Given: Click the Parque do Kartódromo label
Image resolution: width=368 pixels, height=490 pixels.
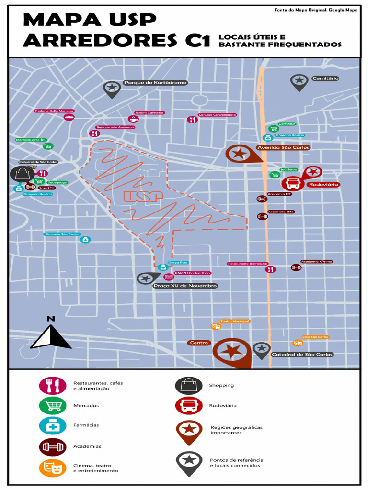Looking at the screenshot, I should coord(155,83).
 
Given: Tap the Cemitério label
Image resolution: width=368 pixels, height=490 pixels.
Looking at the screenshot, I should coord(325,78).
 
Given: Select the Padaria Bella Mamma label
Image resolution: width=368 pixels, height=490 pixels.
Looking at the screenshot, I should coord(54,111).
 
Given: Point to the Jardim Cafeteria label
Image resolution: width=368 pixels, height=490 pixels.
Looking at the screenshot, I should coord(149,113).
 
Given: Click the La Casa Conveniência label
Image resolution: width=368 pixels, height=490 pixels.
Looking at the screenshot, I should coord(218,115).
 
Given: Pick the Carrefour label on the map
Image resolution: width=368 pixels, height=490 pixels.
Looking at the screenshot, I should coord(287,124).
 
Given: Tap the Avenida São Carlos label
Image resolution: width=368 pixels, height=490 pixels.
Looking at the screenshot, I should coord(283,148).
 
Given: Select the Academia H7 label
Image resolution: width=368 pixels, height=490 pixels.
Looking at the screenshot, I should coord(279,194).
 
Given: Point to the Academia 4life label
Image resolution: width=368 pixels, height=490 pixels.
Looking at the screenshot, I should coord(281,212).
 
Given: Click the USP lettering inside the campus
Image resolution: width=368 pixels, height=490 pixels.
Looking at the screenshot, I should coord(143,197).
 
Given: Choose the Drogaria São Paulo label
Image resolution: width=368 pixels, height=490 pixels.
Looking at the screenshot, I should coord(61,234).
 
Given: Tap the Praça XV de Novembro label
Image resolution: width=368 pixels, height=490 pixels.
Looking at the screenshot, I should coord(185,286).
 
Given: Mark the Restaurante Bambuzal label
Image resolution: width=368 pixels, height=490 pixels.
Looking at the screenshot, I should coord(247,264).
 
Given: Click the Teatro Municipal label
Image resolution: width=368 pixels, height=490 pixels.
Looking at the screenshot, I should coord(235,321).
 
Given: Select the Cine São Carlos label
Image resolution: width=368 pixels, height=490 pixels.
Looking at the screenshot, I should coord(315,337).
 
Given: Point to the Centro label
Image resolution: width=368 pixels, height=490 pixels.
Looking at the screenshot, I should coord(199,343).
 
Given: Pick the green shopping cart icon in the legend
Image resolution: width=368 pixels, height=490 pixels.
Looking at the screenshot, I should coord(52,405).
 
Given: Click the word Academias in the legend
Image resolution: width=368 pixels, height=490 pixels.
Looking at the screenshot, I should coord(87,446).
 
